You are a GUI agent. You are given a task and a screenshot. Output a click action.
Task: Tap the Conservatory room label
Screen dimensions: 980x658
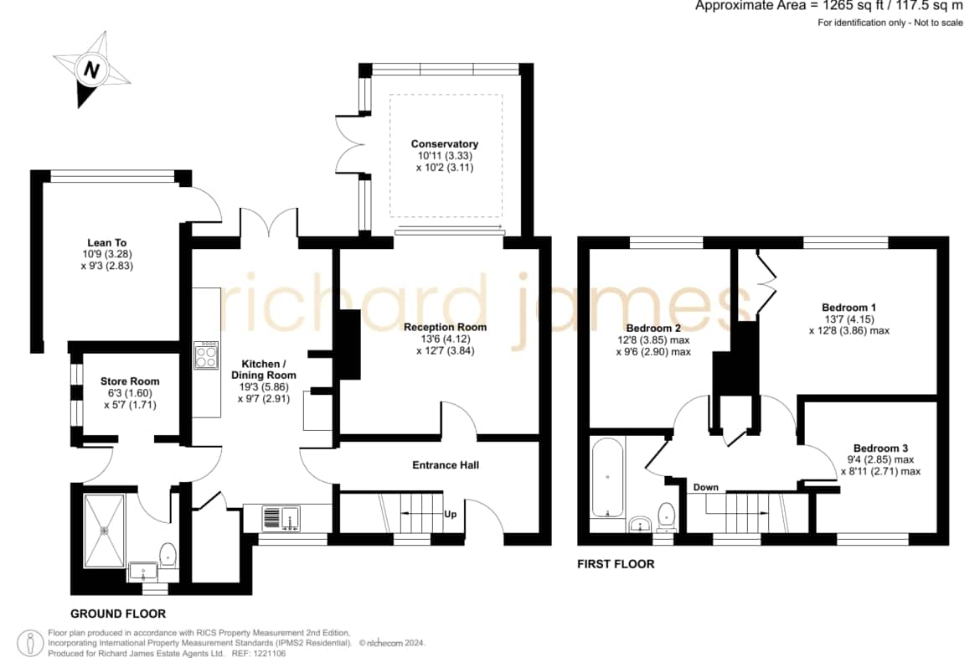[x=445, y=144]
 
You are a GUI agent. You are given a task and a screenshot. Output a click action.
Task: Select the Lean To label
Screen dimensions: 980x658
[x=107, y=243]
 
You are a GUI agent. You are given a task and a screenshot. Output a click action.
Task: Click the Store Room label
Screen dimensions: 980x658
[x=130, y=381]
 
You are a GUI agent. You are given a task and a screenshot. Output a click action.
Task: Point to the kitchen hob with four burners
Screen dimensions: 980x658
[x=205, y=355]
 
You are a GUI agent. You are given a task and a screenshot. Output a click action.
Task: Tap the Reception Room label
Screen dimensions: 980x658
[x=445, y=327]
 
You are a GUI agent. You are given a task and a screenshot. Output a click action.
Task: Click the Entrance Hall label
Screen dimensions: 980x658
[x=446, y=464]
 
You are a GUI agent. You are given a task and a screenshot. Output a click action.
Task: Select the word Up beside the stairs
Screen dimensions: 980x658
[x=450, y=514]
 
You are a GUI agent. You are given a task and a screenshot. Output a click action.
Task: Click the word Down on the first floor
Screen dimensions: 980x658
[x=705, y=487]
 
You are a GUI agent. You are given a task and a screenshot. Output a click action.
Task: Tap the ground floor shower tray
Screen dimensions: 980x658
[x=105, y=531]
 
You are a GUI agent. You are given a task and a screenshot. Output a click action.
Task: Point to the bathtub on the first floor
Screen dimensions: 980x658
[x=607, y=478]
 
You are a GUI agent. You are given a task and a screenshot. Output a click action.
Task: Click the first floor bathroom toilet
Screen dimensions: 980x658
[x=667, y=516]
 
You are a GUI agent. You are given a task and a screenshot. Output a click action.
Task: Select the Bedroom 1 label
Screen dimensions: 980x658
[x=848, y=307]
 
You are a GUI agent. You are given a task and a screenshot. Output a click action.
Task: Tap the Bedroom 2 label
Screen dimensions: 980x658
[x=653, y=328]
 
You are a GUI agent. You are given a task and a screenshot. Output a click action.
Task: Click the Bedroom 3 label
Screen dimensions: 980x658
[x=880, y=448]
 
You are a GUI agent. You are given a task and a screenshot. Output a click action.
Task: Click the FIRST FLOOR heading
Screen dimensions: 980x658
[x=616, y=564]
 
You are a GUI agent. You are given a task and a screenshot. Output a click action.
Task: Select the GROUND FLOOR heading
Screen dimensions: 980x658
[x=118, y=614]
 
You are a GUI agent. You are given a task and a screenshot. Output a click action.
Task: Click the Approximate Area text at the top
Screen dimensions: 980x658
[x=829, y=6]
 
